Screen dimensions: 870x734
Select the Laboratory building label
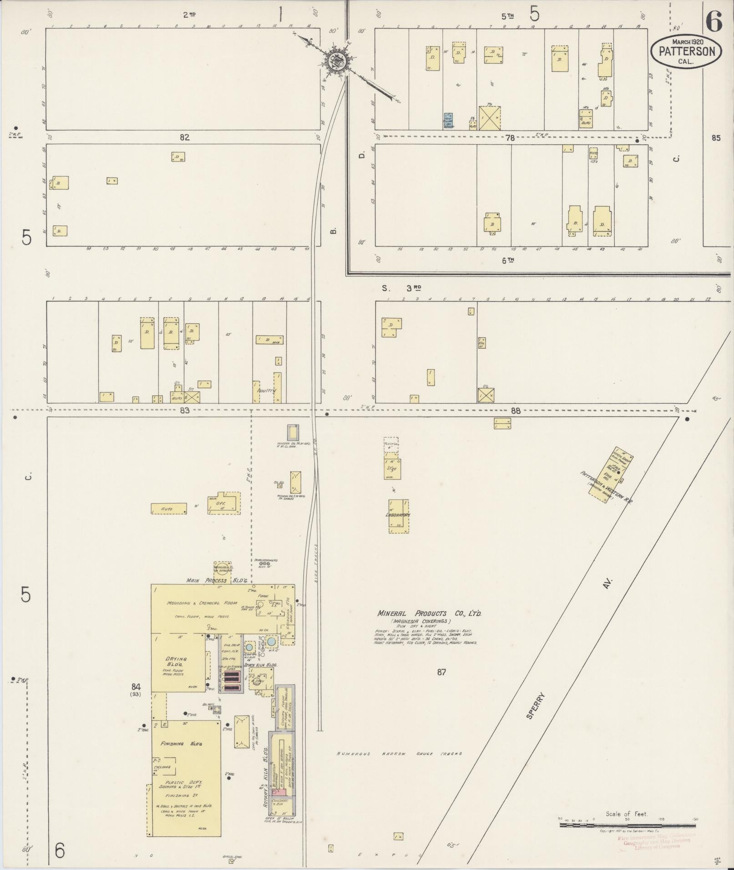398,515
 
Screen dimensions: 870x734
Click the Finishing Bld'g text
178,744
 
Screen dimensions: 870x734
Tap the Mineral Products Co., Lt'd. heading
429,614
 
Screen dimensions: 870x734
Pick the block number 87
441,672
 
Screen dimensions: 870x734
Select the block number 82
184,137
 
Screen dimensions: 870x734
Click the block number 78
509,138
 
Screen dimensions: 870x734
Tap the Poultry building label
267,391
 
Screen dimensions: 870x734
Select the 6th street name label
507,260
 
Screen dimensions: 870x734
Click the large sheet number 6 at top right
714,22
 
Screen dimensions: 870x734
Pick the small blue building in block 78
448,120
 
